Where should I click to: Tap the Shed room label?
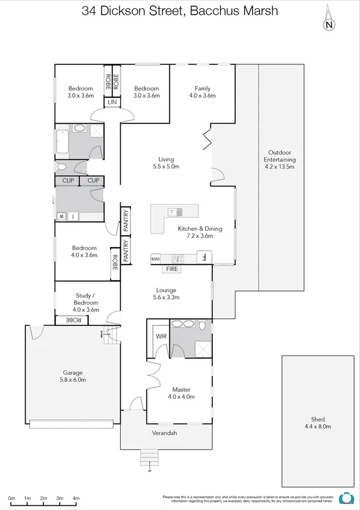tap(318, 419)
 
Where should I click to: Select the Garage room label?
tap(74, 372)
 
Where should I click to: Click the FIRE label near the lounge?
tap(172, 269)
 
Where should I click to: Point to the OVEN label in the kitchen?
tap(155, 259)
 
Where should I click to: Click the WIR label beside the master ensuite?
tap(161, 337)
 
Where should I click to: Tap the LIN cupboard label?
tap(112, 103)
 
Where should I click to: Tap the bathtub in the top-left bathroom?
tap(63, 143)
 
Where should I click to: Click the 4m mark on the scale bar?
tap(76, 499)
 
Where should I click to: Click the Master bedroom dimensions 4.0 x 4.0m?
tap(181, 397)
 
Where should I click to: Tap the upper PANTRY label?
tap(126, 220)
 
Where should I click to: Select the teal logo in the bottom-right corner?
tap(346, 498)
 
